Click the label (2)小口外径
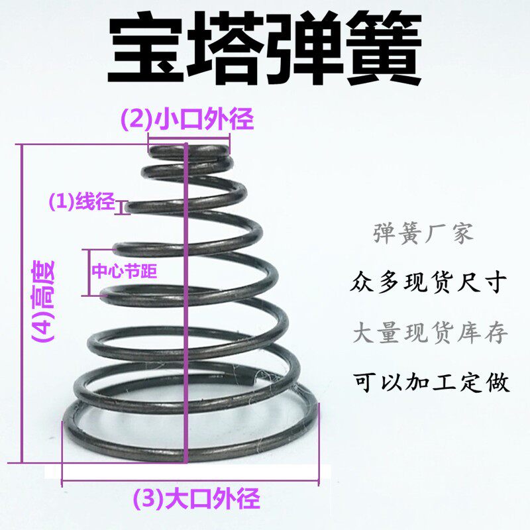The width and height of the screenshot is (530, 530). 187,121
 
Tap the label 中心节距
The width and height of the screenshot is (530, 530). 125,271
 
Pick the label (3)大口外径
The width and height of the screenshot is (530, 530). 197,498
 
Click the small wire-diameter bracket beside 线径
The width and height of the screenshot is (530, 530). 121,208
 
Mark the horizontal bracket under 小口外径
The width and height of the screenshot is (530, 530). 189,138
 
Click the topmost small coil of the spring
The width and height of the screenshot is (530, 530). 192,152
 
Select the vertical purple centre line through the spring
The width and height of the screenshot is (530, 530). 185,318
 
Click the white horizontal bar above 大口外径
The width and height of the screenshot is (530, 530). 189,472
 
